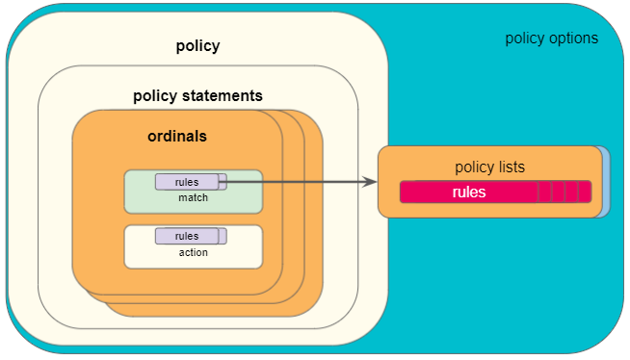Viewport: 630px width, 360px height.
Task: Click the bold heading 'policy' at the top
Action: (x=197, y=46)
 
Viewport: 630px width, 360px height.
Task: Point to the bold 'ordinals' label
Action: (x=176, y=137)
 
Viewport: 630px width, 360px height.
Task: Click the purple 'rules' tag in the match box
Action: (x=187, y=182)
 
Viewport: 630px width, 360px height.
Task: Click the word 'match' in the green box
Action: (x=193, y=198)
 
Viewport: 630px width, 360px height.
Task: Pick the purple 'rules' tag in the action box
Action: (x=187, y=236)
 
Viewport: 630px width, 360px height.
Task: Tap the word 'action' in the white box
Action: (x=193, y=252)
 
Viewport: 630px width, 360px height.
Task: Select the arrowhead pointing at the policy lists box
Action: (x=369, y=181)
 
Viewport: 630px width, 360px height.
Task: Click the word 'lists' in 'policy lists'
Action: (x=508, y=167)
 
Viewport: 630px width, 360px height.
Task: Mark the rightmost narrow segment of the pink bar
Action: (x=584, y=192)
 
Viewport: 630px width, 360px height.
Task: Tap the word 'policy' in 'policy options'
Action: (x=526, y=39)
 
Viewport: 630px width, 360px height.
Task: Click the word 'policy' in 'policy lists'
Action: (x=472, y=167)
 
